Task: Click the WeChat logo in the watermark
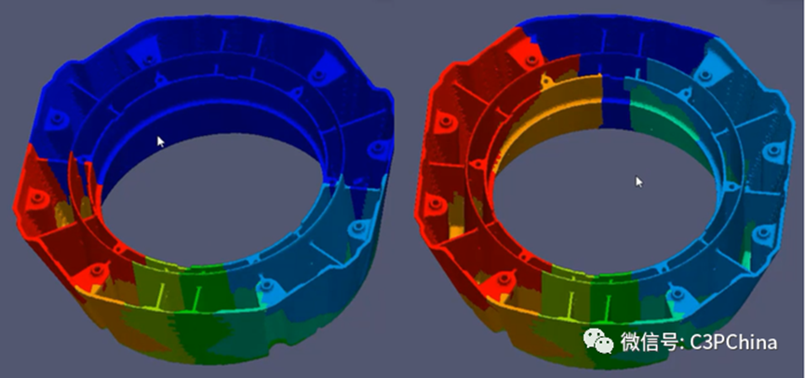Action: click(598, 341)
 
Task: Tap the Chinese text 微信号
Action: click(649, 342)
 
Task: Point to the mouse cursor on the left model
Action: click(161, 142)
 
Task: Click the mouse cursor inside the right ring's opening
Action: click(639, 182)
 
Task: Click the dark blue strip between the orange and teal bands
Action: click(616, 101)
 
